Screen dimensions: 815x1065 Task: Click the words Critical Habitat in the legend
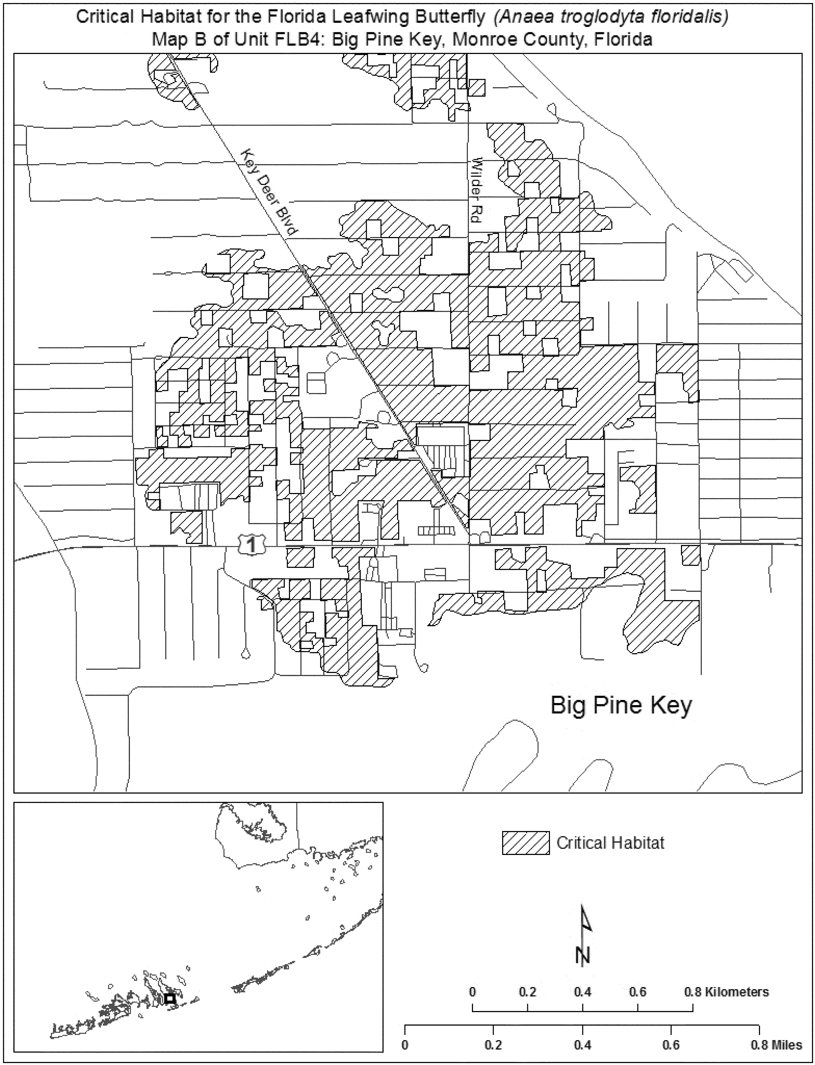(x=610, y=843)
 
